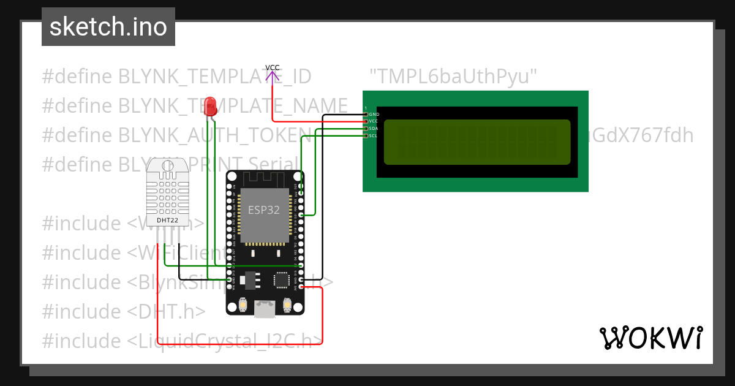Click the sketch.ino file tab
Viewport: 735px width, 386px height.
pos(108,27)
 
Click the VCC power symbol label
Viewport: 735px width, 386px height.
pos(273,67)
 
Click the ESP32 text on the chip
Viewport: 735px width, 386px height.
pos(263,210)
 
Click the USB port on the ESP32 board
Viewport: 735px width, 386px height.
pos(265,309)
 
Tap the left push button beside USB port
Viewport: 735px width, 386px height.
pos(243,305)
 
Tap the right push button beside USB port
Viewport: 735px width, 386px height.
pos(287,303)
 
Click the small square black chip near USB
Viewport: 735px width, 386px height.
pos(282,280)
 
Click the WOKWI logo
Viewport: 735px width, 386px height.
pos(650,338)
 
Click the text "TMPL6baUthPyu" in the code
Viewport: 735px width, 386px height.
pos(454,77)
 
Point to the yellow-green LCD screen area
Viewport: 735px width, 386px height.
pos(477,142)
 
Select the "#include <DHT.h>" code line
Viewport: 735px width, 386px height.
pos(124,311)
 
